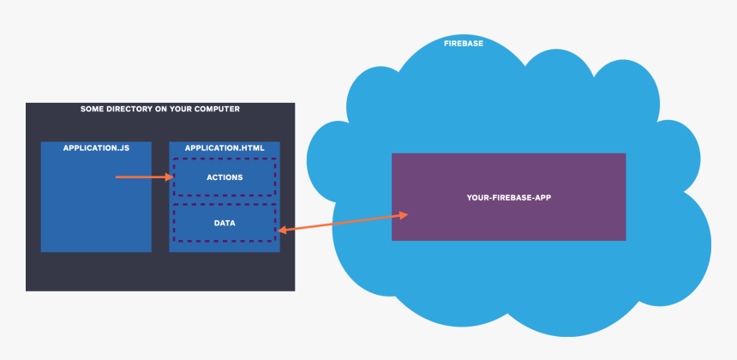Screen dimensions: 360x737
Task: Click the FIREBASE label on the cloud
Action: coord(463,43)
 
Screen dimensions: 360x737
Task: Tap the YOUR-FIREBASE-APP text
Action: coord(508,197)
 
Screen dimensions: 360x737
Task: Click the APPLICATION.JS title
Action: coord(96,148)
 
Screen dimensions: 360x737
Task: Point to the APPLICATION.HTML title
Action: coord(225,148)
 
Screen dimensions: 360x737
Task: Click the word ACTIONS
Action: coord(225,177)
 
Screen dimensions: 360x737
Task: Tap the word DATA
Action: coord(225,223)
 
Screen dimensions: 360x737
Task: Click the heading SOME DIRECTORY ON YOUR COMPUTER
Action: coord(160,109)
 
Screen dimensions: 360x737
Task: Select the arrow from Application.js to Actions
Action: coord(144,177)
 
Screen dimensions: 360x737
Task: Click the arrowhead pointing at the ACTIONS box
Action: coord(170,177)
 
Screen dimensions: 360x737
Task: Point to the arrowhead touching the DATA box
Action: coord(281,230)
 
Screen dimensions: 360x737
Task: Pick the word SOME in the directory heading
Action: coord(92,109)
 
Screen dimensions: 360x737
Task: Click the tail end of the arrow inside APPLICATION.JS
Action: coord(117,177)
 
